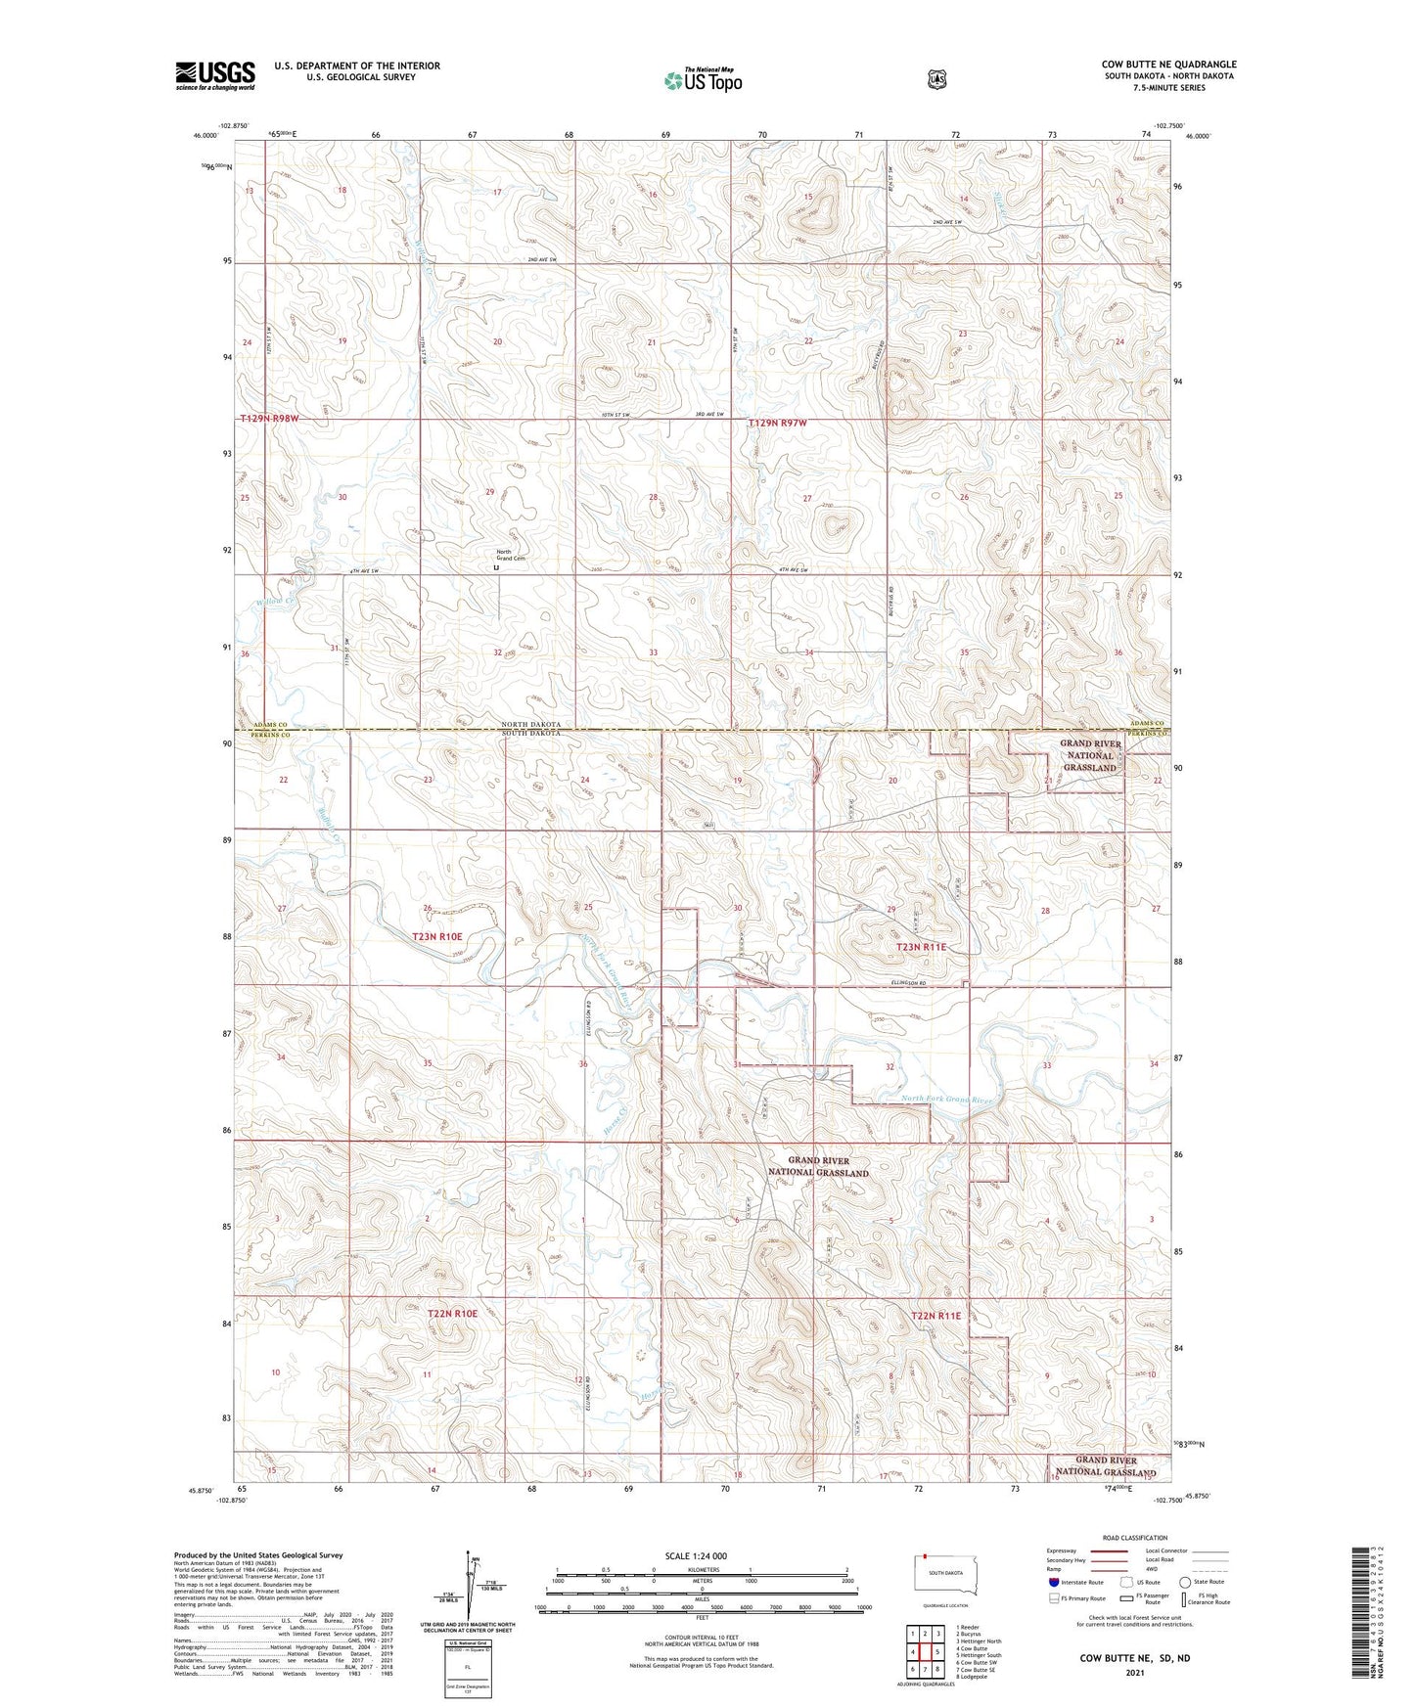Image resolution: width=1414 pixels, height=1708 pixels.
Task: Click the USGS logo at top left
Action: pyautogui.click(x=214, y=75)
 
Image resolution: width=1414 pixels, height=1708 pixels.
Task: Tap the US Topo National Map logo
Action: pyautogui.click(x=703, y=79)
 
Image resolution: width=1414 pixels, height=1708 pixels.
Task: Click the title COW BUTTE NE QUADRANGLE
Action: pyautogui.click(x=1168, y=65)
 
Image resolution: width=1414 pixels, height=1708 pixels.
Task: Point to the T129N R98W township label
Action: pyautogui.click(x=269, y=419)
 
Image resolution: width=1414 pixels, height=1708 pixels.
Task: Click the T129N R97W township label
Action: pyautogui.click(x=778, y=423)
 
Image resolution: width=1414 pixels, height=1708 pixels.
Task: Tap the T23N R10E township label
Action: pyautogui.click(x=437, y=936)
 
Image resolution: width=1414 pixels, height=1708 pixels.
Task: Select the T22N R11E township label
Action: pyautogui.click(x=935, y=1316)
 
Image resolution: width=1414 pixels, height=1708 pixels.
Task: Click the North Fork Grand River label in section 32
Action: pyautogui.click(x=946, y=1101)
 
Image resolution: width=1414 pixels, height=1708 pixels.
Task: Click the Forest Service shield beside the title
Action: pyautogui.click(x=937, y=79)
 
